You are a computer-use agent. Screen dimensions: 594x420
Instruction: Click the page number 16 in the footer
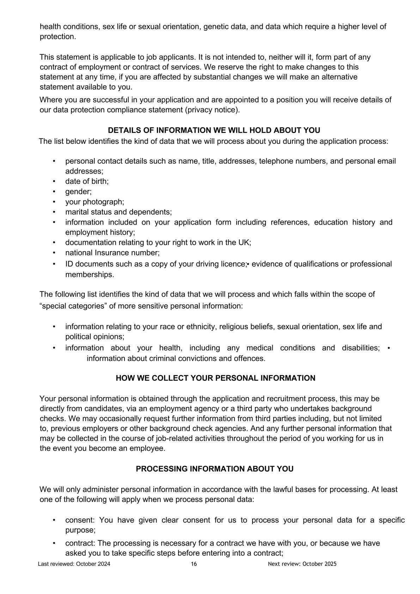pos(194,564)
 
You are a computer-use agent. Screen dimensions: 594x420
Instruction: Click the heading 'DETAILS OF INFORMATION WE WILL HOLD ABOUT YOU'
pos(214,131)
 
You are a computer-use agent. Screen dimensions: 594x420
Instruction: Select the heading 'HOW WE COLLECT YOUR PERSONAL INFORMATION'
pos(215,378)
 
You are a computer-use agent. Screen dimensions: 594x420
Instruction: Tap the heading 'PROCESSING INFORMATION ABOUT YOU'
pos(214,469)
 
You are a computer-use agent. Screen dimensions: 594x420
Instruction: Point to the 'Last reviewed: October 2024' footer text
pos(74,564)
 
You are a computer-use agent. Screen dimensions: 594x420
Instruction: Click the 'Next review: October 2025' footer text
pos(302,564)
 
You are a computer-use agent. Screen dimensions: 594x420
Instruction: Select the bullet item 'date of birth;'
pos(87,181)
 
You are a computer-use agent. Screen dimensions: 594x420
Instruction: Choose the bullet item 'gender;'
pos(78,192)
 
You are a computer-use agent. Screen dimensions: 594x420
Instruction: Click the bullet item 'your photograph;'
pos(95,202)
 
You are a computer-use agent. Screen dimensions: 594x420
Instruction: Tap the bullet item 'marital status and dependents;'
pos(118,212)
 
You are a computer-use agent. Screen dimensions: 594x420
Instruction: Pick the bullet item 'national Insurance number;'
pos(112,253)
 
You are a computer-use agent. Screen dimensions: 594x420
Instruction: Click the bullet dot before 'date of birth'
pos(54,181)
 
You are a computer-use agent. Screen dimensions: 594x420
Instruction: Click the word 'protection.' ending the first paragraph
pos(57,37)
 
